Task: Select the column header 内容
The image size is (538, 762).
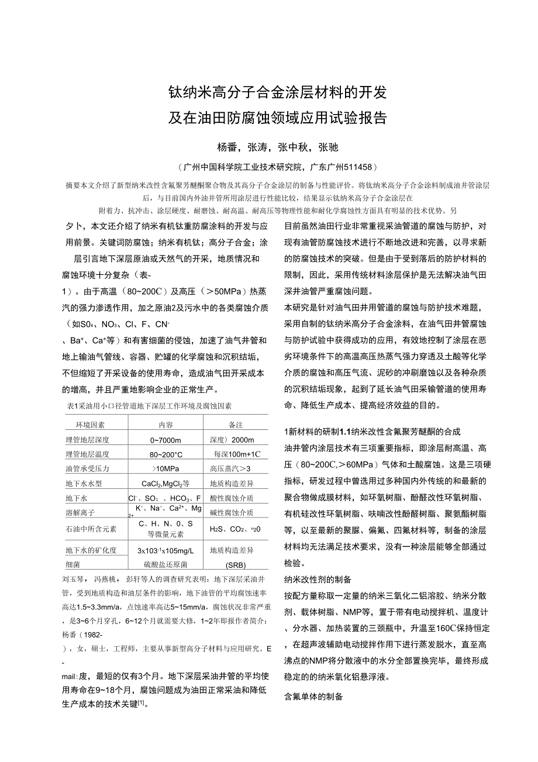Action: pyautogui.click(x=165, y=425)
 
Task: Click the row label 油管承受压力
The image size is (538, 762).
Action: pyautogui.click(x=88, y=468)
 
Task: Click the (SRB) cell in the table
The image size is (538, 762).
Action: pyautogui.click(x=236, y=565)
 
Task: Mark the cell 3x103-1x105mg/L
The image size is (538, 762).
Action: pyautogui.click(x=165, y=550)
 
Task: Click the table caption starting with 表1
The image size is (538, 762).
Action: pyautogui.click(x=150, y=406)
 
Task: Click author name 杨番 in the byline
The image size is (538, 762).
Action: pyautogui.click(x=229, y=147)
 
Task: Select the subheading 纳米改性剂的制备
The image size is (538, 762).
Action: pyautogui.click(x=318, y=580)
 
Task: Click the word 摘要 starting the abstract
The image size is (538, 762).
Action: pyautogui.click(x=73, y=185)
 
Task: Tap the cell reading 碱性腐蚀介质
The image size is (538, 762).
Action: pyautogui.click(x=232, y=513)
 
